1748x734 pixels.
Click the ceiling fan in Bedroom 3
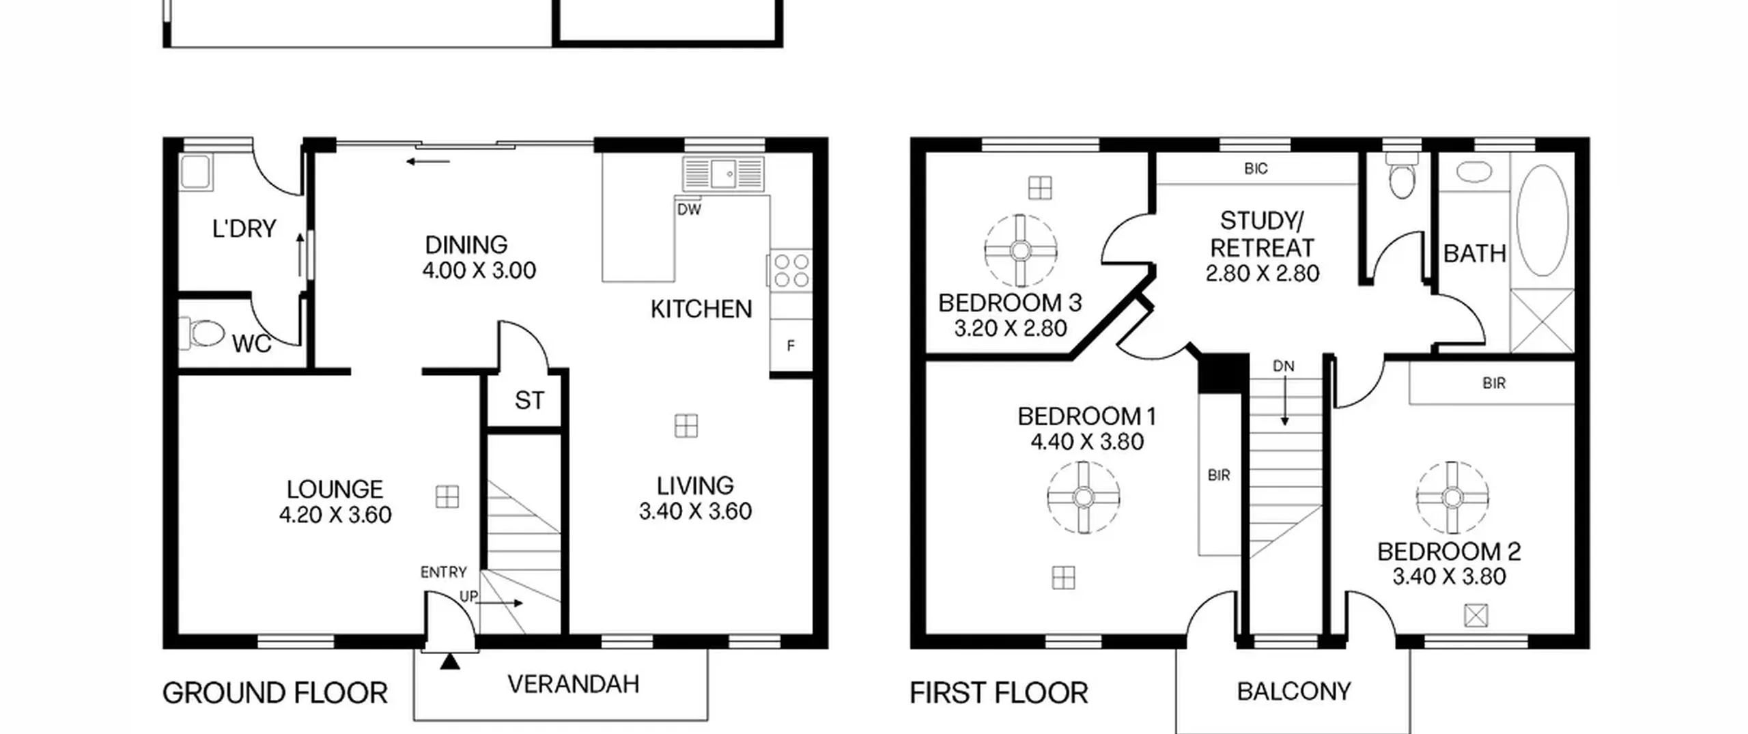pos(1021,251)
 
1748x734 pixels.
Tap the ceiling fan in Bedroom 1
pos(1084,497)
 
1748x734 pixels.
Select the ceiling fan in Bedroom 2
pos(1452,497)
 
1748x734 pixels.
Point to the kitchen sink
pos(723,173)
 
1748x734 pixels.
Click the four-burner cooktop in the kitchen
pos(791,270)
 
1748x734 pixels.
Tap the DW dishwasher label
pos(689,210)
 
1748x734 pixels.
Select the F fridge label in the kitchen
pos(791,346)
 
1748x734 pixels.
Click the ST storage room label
pos(530,400)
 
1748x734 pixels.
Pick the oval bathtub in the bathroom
pos(1542,220)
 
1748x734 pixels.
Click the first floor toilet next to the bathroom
pos(1402,175)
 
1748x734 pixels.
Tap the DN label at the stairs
pos(1284,366)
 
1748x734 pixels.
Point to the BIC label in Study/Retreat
pos(1256,169)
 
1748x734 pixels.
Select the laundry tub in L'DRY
pos(197,171)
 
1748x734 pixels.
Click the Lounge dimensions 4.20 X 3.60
pos(335,515)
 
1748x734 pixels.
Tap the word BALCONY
pos(1294,692)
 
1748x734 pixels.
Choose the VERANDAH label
pos(574,684)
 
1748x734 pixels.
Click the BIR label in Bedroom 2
pos(1494,384)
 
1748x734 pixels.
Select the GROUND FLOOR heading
pos(275,694)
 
